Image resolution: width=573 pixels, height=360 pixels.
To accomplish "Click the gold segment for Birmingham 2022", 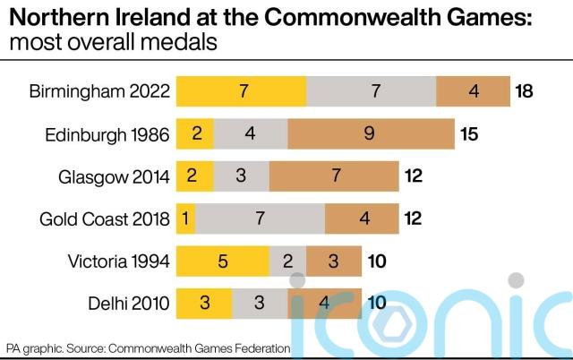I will [242, 91].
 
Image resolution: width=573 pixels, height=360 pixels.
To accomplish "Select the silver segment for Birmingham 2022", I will [371, 91].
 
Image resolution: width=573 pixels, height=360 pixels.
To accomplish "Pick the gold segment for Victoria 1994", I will [223, 261].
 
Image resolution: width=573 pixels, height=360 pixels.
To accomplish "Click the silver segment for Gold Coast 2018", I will [260, 219].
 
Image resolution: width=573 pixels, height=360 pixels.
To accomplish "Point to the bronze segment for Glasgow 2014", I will [334, 176].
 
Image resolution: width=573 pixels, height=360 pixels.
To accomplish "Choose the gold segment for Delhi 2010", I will [204, 303].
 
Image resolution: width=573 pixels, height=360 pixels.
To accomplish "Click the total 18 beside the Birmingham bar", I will [525, 91].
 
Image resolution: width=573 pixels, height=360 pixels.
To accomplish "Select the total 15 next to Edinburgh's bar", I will [469, 134].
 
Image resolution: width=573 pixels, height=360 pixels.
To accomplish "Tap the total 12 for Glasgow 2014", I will [414, 176].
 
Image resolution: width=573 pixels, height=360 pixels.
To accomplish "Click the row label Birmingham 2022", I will [98, 91].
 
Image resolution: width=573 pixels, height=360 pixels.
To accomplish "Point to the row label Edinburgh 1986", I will [107, 134].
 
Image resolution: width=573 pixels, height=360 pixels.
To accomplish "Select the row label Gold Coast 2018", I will [105, 219].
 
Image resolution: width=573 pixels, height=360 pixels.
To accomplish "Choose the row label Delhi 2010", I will [130, 303].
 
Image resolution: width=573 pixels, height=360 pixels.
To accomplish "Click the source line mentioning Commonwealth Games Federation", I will [148, 347].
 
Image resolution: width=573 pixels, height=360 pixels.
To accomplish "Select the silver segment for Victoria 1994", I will [287, 261].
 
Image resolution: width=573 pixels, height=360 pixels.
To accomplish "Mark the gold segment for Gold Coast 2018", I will [185, 219].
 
